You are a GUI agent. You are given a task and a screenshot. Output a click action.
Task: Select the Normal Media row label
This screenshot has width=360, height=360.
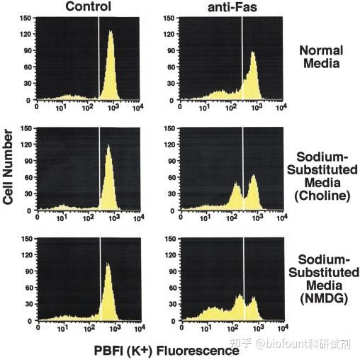(321, 57)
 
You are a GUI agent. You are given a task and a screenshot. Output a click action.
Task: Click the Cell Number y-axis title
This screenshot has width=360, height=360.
(8, 167)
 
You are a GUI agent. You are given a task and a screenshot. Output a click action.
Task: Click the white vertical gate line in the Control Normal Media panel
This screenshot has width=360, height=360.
(99, 57)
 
